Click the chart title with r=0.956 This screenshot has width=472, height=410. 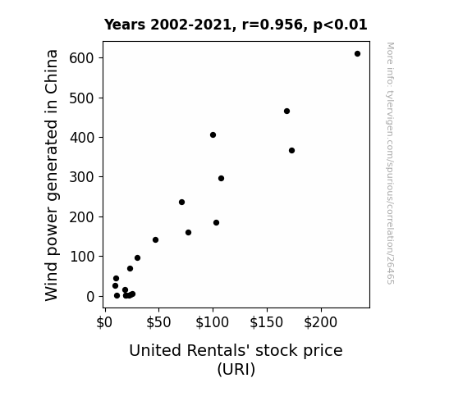236,25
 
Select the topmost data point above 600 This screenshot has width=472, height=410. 357,54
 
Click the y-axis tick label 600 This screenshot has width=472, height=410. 81,58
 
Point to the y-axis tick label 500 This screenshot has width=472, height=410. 81,98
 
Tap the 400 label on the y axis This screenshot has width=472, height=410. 81,138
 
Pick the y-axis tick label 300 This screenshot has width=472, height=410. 81,177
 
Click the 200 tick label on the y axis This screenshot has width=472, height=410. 81,216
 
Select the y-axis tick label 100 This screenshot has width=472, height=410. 81,257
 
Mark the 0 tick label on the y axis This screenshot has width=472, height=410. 90,297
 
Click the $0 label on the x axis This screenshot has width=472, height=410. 104,322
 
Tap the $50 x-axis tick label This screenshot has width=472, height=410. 158,322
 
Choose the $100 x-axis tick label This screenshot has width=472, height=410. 213,322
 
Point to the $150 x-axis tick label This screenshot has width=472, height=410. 267,322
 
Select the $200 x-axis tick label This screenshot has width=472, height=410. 321,322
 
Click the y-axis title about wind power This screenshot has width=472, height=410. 51,175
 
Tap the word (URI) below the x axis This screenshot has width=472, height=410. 236,369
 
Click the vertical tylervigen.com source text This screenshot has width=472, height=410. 390,163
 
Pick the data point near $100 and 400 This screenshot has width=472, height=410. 213,135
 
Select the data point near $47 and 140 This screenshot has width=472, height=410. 155,240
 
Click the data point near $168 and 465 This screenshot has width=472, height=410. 286,112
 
